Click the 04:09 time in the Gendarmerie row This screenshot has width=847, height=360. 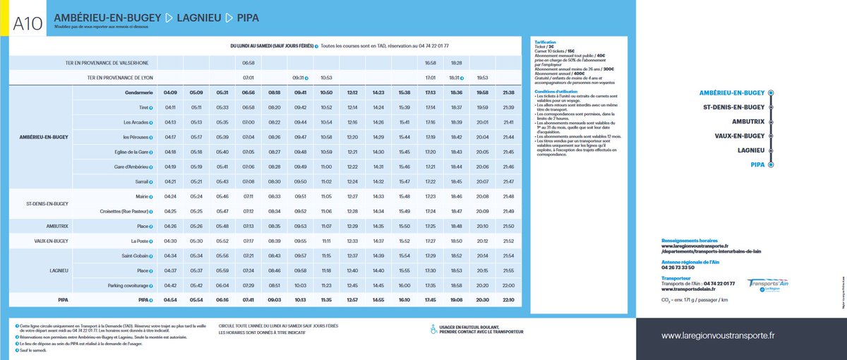tap(170, 92)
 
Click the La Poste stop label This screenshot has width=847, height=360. tap(136, 241)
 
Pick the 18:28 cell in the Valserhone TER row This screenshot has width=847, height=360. tap(456, 63)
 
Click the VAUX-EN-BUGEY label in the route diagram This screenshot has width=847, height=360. tap(739, 136)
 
